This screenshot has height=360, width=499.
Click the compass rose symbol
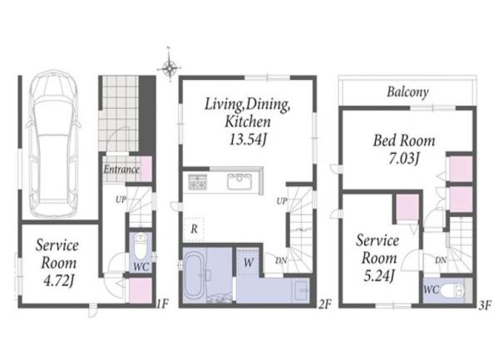tap(170, 67)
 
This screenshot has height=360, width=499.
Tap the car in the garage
tap(53, 144)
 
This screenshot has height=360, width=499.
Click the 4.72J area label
tap(59, 281)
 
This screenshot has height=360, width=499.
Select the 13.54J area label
tap(248, 139)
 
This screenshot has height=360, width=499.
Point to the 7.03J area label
tap(404, 158)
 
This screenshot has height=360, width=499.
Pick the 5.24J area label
tap(378, 275)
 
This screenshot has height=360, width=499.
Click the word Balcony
tap(408, 92)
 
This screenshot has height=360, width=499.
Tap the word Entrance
tap(121, 169)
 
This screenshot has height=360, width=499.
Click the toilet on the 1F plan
tap(140, 246)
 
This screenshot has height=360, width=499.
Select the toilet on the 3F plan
tap(452, 290)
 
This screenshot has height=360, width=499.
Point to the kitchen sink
tap(240, 181)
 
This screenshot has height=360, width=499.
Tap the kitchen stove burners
tap(198, 182)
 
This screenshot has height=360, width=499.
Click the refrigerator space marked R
tap(194, 229)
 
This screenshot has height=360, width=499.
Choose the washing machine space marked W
tap(248, 263)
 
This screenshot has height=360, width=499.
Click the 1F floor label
tap(163, 304)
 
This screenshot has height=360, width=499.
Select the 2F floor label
tap(324, 304)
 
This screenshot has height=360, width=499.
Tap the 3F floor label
tap(486, 305)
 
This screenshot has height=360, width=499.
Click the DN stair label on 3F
tap(441, 260)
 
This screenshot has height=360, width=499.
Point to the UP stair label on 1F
tap(121, 200)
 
